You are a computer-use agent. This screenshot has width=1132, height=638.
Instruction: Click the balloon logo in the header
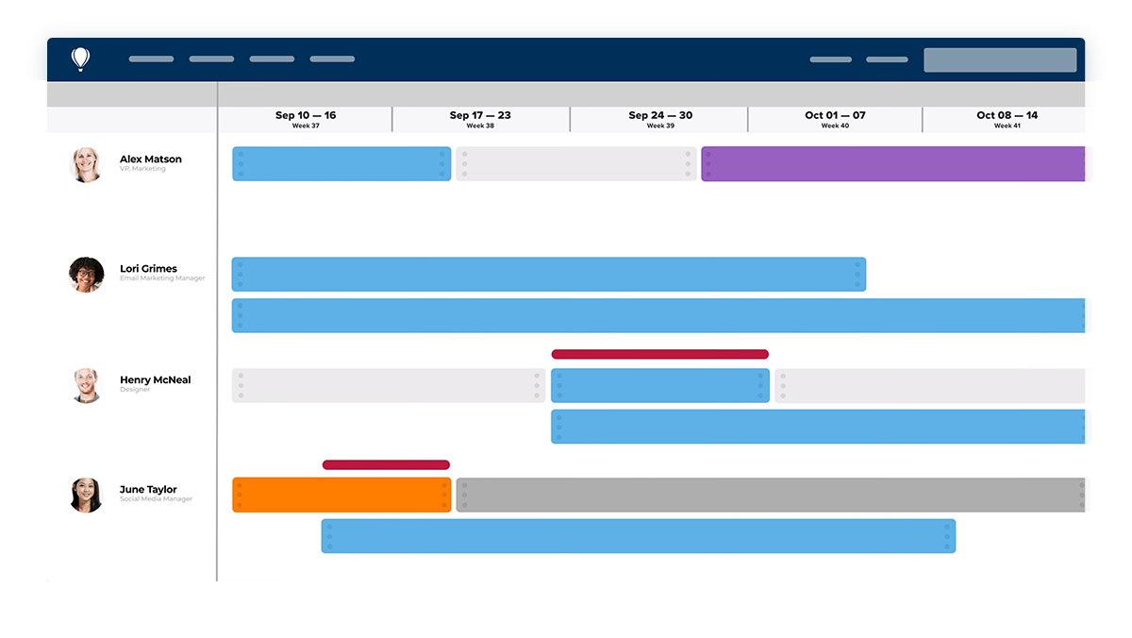click(x=81, y=59)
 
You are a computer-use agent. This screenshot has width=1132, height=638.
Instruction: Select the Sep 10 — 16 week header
click(x=305, y=119)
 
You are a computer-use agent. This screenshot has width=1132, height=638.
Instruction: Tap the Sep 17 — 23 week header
click(x=480, y=119)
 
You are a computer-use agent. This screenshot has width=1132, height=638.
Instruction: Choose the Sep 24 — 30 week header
click(x=660, y=119)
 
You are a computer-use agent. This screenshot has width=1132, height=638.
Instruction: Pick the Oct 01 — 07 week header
click(x=835, y=119)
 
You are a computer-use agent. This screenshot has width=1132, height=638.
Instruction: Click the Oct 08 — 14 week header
click(x=1007, y=119)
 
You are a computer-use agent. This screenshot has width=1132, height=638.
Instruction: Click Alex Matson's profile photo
click(x=86, y=164)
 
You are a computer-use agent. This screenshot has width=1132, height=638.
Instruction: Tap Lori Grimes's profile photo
click(x=86, y=275)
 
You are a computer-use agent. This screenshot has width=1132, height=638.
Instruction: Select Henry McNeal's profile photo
click(x=86, y=385)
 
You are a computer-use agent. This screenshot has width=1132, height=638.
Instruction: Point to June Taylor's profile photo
click(x=86, y=495)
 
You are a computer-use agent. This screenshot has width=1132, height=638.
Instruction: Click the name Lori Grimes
click(x=148, y=269)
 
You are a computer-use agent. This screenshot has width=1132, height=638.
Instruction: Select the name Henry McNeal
click(x=155, y=379)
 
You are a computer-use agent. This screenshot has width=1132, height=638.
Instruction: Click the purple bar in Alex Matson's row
click(x=896, y=164)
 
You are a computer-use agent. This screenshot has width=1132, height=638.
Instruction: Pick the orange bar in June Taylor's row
click(x=341, y=495)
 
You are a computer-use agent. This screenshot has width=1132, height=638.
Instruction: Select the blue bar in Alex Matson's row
click(x=341, y=164)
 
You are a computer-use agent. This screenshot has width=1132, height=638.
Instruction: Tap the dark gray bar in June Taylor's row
click(x=773, y=495)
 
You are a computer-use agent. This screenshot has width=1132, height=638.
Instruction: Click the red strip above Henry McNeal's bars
click(x=659, y=355)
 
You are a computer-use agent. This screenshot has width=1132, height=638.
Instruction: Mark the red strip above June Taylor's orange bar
click(x=386, y=465)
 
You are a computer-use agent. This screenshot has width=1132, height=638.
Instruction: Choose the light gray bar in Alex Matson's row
click(x=576, y=164)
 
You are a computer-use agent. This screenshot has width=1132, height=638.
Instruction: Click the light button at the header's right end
click(x=1000, y=59)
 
